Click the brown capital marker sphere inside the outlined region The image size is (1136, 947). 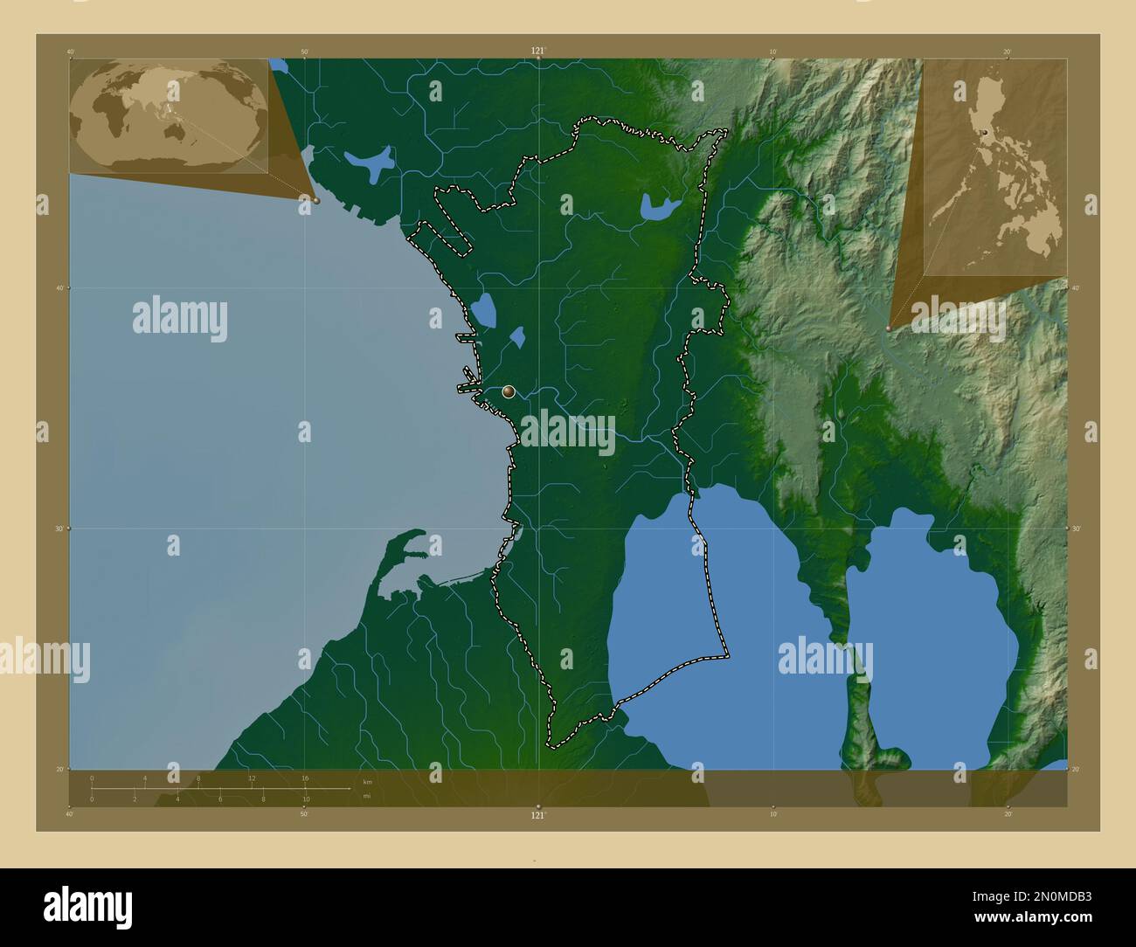[x=509, y=392]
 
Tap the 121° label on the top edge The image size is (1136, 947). [x=537, y=52]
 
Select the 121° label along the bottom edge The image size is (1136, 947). [x=537, y=815]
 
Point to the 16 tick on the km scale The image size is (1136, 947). [x=305, y=778]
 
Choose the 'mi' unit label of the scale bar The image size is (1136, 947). [x=366, y=796]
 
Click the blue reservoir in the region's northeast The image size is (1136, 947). [x=659, y=207]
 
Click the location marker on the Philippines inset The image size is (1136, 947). [x=984, y=132]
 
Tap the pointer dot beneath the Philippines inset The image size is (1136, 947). [x=890, y=328]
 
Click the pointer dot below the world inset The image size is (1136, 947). [x=316, y=200]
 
